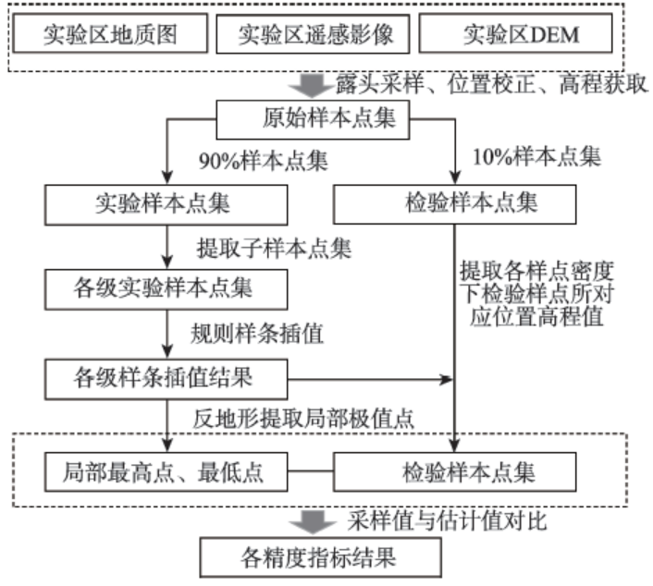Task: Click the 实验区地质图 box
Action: pyautogui.click(x=110, y=33)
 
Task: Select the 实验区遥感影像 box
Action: pyautogui.click(x=313, y=34)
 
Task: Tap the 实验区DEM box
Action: pyautogui.click(x=515, y=33)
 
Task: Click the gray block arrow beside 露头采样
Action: pyautogui.click(x=313, y=86)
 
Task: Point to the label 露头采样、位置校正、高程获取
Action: pyautogui.click(x=492, y=84)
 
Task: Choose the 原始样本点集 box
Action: pyautogui.click(x=313, y=119)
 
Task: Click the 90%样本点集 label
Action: pyautogui.click(x=264, y=161)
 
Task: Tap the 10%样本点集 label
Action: pyautogui.click(x=536, y=157)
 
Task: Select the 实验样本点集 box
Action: pyautogui.click(x=166, y=205)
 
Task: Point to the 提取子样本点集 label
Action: pyautogui.click(x=274, y=249)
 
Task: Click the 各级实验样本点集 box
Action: pyautogui.click(x=166, y=289)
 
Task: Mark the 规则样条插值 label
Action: pyautogui.click(x=257, y=334)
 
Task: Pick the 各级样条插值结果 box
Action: pyautogui.click(x=166, y=380)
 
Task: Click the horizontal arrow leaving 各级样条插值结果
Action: pyautogui.click(x=370, y=379)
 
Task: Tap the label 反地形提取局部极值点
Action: pyautogui.click(x=303, y=419)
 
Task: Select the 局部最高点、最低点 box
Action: pyautogui.click(x=166, y=472)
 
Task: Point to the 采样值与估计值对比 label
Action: pyautogui.click(x=447, y=520)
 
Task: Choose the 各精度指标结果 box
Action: pyautogui.click(x=321, y=557)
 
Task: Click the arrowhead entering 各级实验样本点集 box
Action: pyautogui.click(x=167, y=263)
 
